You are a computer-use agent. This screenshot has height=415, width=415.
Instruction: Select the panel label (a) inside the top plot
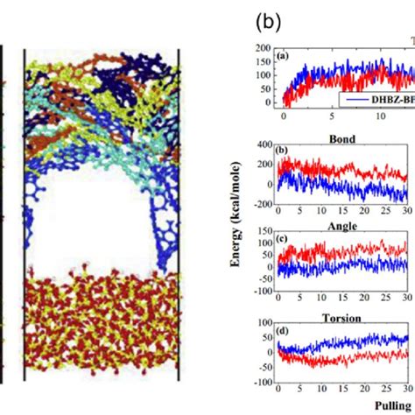click(282, 55)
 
